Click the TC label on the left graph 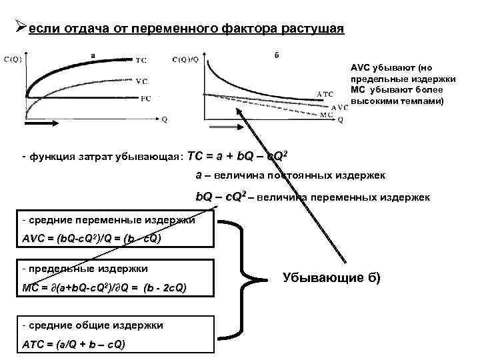pos(141,61)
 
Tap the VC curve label pos(141,81)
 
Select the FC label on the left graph pos(145,99)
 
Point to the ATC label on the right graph pos(325,94)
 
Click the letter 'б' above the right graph pos(277,55)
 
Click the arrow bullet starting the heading pos(20,28)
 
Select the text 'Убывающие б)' pos(331,277)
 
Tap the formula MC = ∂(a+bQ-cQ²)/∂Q pos(105,287)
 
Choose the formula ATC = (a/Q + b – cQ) pos(73,345)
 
